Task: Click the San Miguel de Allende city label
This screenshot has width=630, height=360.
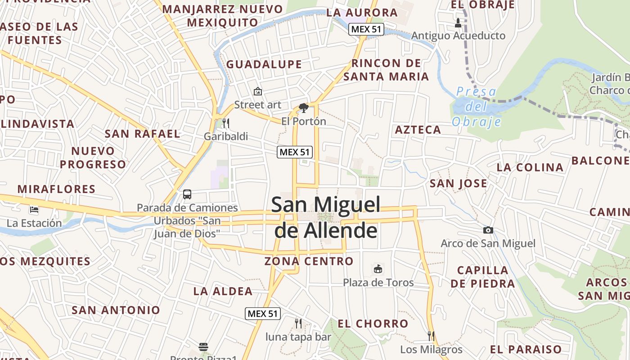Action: pos(326,217)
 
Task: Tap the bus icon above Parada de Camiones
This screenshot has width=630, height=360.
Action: pos(187,194)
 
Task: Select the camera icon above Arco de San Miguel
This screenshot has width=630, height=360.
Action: pos(488,230)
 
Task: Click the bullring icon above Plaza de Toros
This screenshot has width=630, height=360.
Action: pos(378,269)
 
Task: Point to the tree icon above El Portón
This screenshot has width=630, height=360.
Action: pos(304,108)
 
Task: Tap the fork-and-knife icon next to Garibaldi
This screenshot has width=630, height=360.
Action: pos(226,123)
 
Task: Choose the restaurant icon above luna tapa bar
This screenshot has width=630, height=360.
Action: pos(298,323)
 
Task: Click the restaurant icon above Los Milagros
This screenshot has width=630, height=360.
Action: pos(431,336)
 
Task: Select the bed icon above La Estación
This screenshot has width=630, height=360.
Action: pos(34,210)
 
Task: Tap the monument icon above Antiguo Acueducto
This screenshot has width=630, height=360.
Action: pos(459,22)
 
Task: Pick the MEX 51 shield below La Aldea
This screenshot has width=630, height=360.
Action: pos(263,314)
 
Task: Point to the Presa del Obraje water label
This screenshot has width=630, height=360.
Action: pos(477,107)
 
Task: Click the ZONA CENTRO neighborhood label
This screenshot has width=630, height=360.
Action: pos(309,261)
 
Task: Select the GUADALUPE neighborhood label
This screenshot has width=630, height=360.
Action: pos(264,64)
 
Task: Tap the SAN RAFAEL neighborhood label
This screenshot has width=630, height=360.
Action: pos(142,134)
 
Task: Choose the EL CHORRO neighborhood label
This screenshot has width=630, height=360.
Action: pos(373,324)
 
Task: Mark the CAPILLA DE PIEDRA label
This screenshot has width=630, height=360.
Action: pos(483,277)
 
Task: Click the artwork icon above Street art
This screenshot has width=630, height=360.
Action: pos(258,91)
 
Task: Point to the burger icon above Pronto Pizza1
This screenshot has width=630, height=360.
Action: pos(203,347)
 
